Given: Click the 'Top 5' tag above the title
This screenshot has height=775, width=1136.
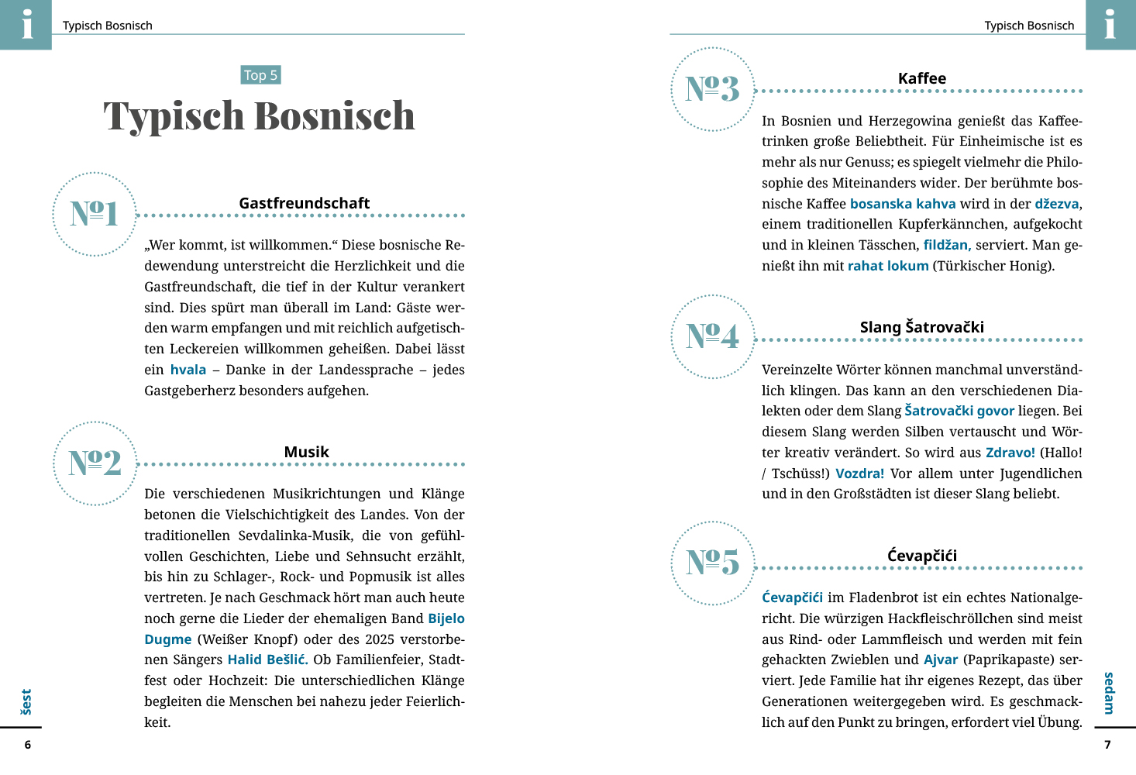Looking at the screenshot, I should pyautogui.click(x=260, y=75).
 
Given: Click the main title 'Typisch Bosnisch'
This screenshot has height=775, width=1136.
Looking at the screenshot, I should pyautogui.click(x=260, y=116).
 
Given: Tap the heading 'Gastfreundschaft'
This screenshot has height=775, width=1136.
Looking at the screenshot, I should pyautogui.click(x=304, y=203).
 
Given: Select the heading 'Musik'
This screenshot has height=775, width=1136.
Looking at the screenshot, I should pyautogui.click(x=306, y=452).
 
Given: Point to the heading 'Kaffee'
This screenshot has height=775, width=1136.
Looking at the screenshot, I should pyautogui.click(x=921, y=78).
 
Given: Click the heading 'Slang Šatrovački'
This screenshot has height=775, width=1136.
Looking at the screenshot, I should pyautogui.click(x=921, y=327).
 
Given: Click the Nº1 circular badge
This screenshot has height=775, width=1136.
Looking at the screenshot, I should pyautogui.click(x=95, y=214).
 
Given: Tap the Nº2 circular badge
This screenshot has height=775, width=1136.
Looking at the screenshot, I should pyautogui.click(x=95, y=463).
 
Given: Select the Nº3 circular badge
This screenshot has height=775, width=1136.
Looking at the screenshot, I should pyautogui.click(x=712, y=89).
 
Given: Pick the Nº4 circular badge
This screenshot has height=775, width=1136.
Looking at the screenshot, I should pyautogui.click(x=712, y=336).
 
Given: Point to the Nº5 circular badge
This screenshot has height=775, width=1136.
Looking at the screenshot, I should pyautogui.click(x=712, y=563).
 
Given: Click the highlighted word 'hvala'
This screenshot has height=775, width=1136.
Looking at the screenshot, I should pyautogui.click(x=188, y=370).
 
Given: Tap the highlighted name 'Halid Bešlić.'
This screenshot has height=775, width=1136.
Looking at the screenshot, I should pyautogui.click(x=267, y=660).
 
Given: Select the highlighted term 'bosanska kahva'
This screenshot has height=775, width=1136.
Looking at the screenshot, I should pyautogui.click(x=903, y=204).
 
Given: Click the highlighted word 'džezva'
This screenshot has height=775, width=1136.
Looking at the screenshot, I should pyautogui.click(x=1056, y=204).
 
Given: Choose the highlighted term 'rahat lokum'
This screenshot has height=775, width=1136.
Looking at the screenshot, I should pyautogui.click(x=888, y=266).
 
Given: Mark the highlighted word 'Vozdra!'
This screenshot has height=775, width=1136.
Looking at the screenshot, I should pyautogui.click(x=859, y=474).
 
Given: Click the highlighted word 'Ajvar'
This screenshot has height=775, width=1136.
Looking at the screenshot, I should pyautogui.click(x=941, y=660).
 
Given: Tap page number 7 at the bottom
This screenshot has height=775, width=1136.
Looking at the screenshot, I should pyautogui.click(x=1107, y=745).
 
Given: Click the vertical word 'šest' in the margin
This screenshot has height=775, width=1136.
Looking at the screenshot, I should pyautogui.click(x=26, y=701).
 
